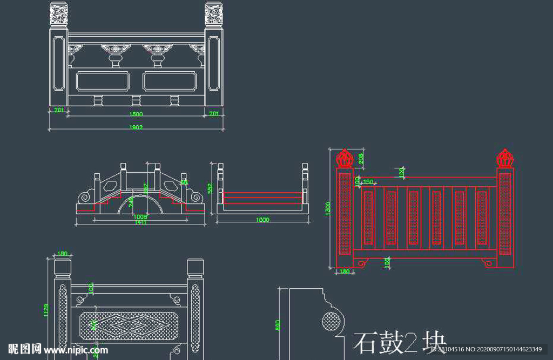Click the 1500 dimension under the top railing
[136, 114]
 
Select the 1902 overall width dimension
[136, 127]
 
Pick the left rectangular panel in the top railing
[103, 81]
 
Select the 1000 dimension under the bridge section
[262, 220]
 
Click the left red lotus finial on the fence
[344, 159]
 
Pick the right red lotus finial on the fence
[504, 159]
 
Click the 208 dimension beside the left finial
[361, 158]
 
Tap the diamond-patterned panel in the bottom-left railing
[128, 325]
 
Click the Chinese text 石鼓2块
[400, 342]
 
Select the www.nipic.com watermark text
[80, 350]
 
